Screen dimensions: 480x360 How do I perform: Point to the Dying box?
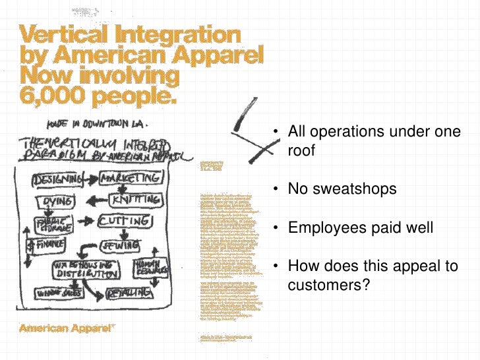coord(57,201)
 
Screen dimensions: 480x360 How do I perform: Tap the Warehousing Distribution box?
coord(86,269)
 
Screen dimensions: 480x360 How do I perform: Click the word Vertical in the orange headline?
coord(63,33)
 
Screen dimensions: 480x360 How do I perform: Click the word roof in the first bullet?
coord(301,150)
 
